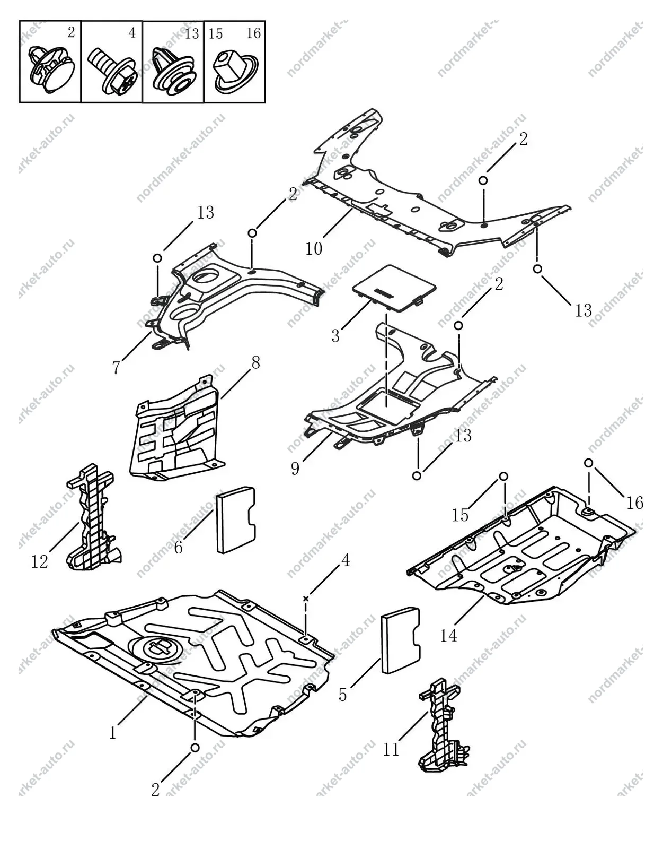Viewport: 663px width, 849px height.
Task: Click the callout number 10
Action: click(x=314, y=248)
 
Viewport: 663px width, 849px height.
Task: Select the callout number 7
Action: click(x=116, y=367)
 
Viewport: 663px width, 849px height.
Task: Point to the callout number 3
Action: click(x=335, y=336)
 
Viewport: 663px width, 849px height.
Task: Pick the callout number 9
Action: click(x=295, y=468)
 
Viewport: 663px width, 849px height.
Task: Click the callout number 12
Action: click(x=39, y=562)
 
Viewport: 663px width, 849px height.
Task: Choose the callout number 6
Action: click(x=178, y=548)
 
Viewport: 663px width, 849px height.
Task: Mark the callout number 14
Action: click(x=448, y=636)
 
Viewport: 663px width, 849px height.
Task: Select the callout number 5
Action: click(x=342, y=695)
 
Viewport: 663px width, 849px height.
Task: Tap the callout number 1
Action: click(x=113, y=732)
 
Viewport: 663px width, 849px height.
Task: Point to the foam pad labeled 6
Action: click(x=236, y=519)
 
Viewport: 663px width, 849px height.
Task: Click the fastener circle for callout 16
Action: click(x=588, y=463)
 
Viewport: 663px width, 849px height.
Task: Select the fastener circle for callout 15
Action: click(x=503, y=476)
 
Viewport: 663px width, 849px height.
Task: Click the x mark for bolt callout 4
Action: click(x=306, y=599)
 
